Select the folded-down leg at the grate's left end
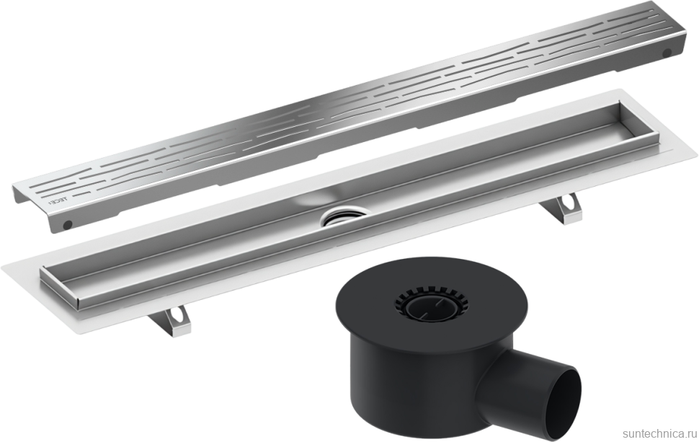click(40, 209)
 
